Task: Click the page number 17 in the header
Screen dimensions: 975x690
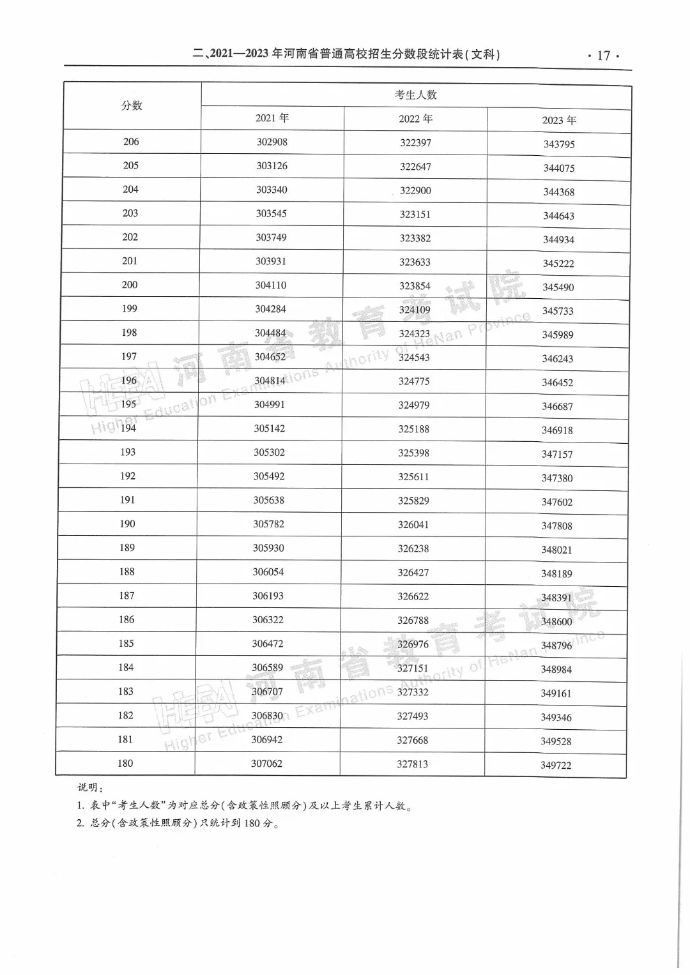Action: point(603,56)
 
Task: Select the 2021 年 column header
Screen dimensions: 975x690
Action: point(272,118)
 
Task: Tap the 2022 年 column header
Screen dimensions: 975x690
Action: point(415,119)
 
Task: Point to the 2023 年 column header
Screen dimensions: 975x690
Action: point(559,120)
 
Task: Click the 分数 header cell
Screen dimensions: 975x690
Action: point(132,106)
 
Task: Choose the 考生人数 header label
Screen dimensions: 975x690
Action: point(416,95)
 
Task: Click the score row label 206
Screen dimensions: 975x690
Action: point(131,142)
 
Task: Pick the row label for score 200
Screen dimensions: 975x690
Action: point(130,285)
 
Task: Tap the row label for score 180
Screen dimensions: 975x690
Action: point(125,763)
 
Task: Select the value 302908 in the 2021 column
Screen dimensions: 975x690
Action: point(272,142)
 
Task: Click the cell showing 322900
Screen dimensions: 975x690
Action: point(415,190)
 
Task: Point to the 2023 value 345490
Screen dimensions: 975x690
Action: point(558,287)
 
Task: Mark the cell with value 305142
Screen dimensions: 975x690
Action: point(270,428)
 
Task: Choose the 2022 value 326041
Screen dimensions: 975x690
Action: point(413,525)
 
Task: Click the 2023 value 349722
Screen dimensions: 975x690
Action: point(556,765)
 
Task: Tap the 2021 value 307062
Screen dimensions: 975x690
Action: point(266,764)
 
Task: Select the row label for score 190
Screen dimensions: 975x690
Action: point(127,524)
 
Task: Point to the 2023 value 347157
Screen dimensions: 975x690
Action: point(557,455)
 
